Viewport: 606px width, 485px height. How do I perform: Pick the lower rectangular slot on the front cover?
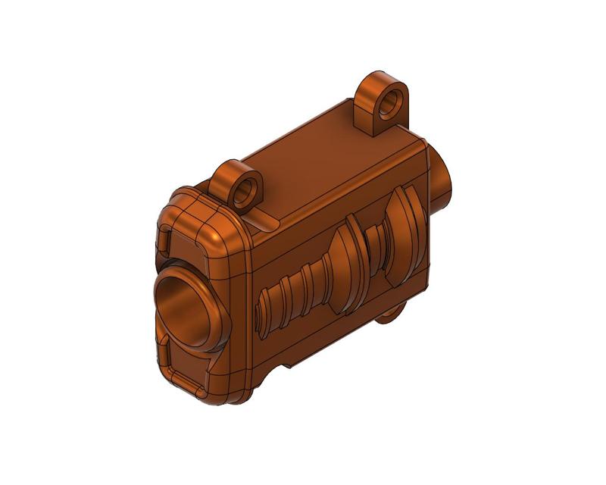pos(183,378)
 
